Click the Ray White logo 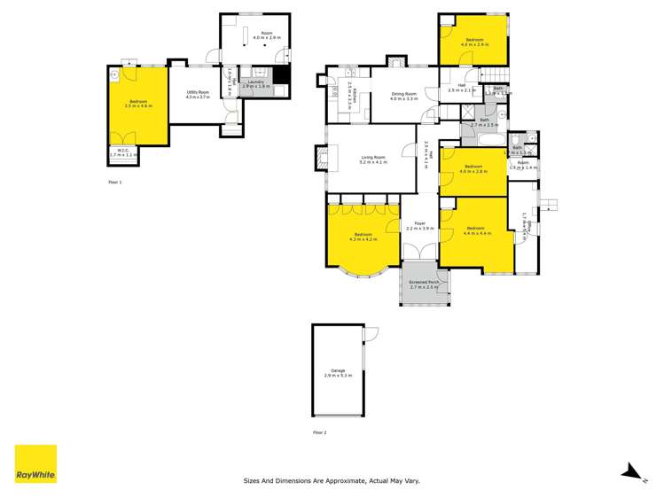[x=35, y=464]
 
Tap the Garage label [x=338, y=370]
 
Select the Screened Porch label [x=424, y=283]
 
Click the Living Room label [x=373, y=158]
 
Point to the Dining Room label [x=402, y=93]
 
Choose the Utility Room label [x=197, y=92]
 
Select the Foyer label [x=419, y=223]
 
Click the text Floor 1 [x=114, y=182]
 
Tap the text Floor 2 [x=319, y=432]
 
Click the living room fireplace [x=318, y=159]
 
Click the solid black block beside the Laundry [x=280, y=76]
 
